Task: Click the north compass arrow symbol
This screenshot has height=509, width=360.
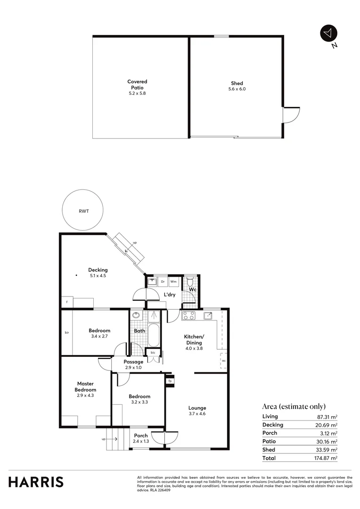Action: coord(328,33)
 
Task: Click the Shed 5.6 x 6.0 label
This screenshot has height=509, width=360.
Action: coord(237,86)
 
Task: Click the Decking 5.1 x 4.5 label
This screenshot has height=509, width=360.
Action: coord(98,273)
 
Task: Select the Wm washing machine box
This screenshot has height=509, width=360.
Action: coord(173,282)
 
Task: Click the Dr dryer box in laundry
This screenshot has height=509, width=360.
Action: coord(163,282)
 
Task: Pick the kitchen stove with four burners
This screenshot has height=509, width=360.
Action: coord(189,316)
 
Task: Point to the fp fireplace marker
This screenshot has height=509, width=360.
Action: coord(170,380)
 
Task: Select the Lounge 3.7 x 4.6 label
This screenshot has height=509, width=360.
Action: coord(197,410)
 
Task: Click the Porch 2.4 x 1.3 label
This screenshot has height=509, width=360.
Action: coord(141,438)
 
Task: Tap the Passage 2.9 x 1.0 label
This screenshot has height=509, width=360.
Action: coord(133,364)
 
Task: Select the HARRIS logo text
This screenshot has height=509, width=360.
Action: coord(36,482)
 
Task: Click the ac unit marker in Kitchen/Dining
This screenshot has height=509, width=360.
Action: coord(223,361)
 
